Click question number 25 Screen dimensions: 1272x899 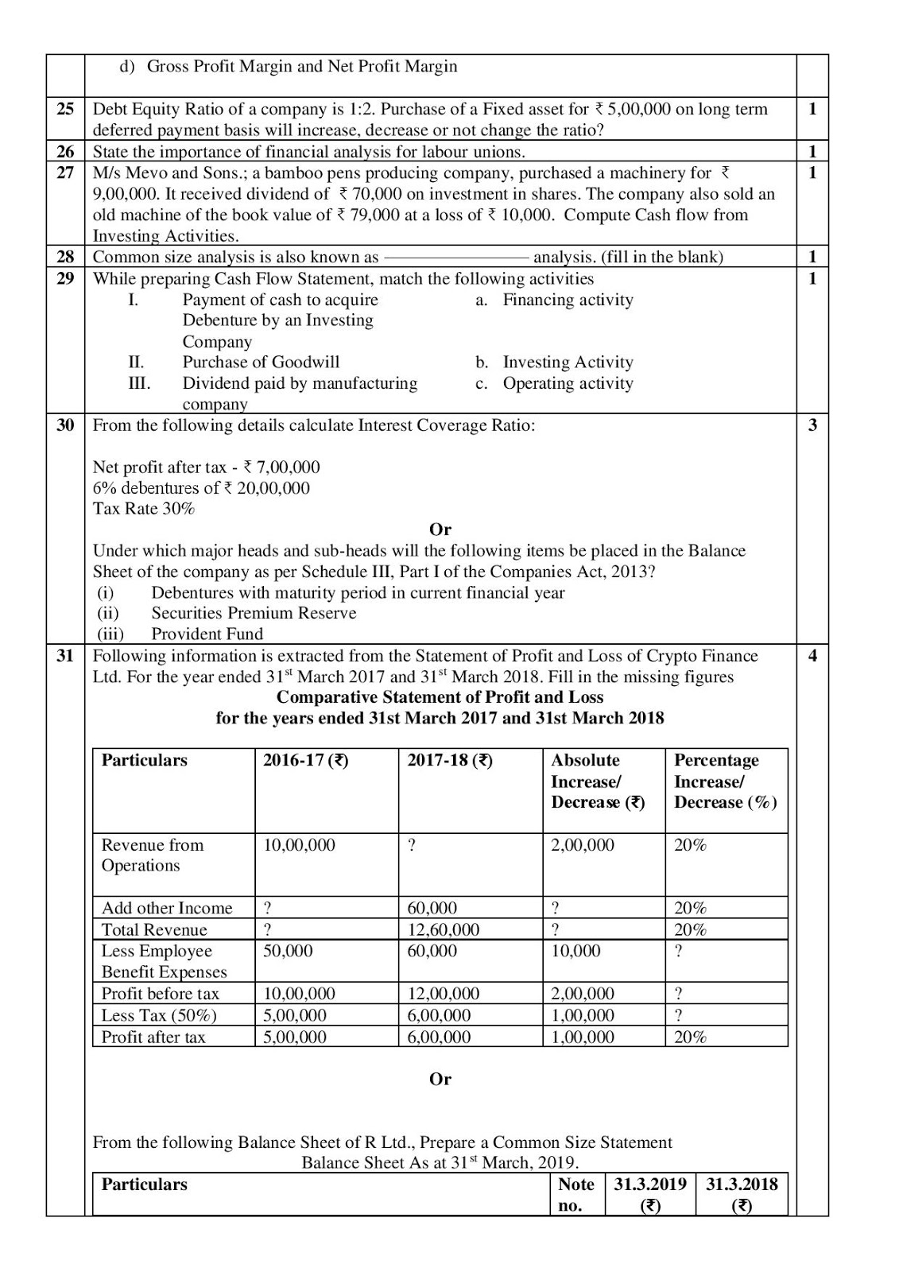[65, 109]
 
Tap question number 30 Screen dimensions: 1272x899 [65, 425]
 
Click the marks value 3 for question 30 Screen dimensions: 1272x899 [812, 425]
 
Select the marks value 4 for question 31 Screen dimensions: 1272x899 [812, 656]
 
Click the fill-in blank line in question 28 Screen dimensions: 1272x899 [456, 258]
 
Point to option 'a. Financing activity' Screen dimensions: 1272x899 [555, 300]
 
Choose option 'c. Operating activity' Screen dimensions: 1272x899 [555, 383]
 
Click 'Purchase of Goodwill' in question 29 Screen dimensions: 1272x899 [261, 362]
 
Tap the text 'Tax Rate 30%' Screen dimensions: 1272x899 [144, 509]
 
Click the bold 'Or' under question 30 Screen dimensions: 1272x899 [440, 529]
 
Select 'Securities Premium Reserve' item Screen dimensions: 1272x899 [254, 613]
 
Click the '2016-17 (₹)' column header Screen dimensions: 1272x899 [306, 760]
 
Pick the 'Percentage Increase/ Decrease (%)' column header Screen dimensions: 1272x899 [725, 781]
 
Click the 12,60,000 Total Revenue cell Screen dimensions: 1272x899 [443, 929]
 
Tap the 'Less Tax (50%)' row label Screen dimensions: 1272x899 [159, 1015]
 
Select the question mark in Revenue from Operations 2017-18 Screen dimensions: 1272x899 [411, 845]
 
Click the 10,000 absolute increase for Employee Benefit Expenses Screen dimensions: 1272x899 [575, 951]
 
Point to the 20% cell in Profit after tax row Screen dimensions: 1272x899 [690, 1037]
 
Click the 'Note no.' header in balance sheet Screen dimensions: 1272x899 [575, 1194]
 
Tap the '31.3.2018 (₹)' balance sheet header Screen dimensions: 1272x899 [741, 1194]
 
